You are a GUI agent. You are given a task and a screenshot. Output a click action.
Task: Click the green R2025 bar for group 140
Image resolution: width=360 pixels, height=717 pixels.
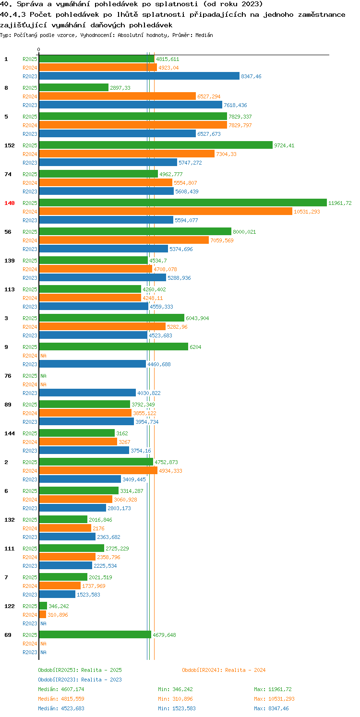click(183, 203)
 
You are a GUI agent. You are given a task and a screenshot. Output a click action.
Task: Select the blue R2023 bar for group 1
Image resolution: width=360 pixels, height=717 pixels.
click(139, 76)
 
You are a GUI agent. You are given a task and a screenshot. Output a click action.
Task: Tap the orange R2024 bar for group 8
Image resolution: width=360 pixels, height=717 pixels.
click(118, 96)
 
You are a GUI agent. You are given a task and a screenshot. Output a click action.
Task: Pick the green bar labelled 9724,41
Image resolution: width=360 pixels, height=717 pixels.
click(156, 145)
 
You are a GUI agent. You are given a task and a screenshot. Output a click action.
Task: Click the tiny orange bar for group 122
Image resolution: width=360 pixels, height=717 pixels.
click(43, 615)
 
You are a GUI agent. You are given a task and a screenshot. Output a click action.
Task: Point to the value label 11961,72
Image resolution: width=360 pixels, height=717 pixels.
click(340, 203)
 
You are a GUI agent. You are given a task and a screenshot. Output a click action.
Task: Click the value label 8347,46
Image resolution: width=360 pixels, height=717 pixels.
click(251, 76)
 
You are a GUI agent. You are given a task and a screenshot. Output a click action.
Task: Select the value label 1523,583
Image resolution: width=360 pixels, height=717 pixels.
click(88, 595)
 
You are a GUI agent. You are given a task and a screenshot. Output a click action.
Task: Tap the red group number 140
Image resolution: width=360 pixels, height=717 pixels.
click(10, 203)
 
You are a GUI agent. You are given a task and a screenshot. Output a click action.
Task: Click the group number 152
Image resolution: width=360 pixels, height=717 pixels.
click(10, 145)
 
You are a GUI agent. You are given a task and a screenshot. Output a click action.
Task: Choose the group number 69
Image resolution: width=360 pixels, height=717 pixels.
click(8, 635)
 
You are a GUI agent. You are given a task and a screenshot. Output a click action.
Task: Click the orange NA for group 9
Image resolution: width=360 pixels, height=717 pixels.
click(43, 356)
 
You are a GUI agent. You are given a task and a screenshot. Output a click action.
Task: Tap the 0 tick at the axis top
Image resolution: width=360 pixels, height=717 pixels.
click(38, 49)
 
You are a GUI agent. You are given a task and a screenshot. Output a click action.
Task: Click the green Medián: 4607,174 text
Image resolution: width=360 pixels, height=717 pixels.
click(61, 689)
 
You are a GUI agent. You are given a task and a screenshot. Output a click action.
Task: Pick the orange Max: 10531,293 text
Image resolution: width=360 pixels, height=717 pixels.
click(274, 699)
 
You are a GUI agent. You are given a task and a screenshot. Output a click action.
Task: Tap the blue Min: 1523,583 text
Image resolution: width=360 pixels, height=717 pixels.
click(177, 708)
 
